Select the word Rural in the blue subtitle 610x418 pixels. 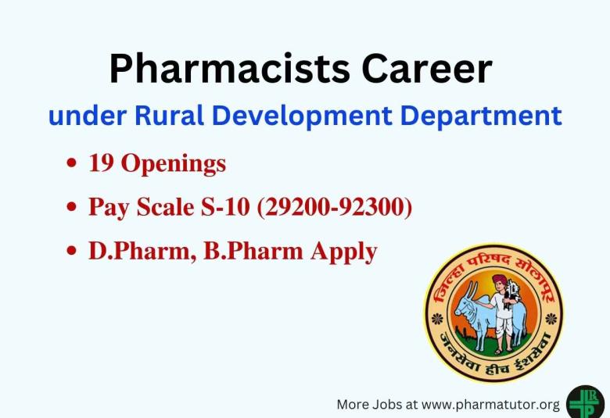coord(170,116)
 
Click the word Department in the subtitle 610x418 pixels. coord(483,116)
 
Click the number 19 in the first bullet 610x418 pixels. coord(100,163)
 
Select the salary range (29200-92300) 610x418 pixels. coord(334,207)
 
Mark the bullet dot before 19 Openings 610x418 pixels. coord(73,165)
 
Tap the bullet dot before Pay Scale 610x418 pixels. coord(73,209)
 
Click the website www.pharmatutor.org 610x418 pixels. coord(492,404)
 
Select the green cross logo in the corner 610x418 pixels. coord(586,402)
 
